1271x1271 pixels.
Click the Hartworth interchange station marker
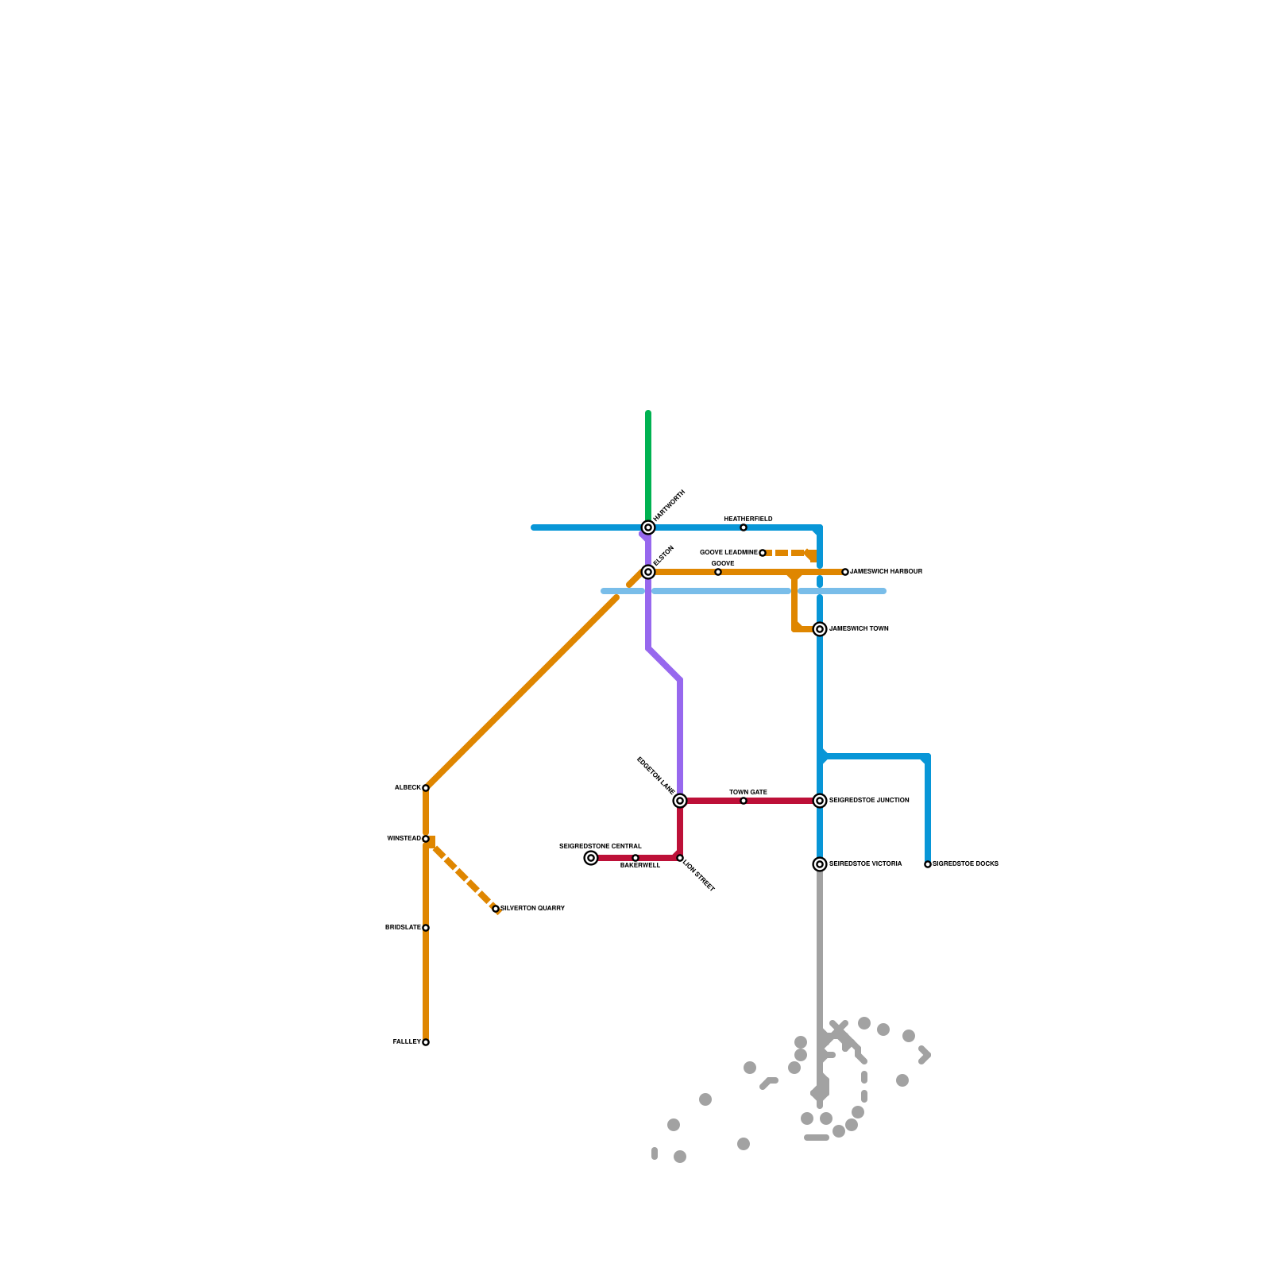[648, 527]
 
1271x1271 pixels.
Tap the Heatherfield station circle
[744, 527]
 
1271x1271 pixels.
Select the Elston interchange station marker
[648, 572]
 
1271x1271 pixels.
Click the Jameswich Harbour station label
[886, 572]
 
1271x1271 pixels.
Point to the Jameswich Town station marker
[820, 629]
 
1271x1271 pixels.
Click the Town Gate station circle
[744, 801]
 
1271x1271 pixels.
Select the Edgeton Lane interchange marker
[680, 801]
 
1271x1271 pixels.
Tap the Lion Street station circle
[680, 858]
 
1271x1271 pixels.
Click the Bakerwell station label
[640, 866]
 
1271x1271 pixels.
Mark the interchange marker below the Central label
[591, 858]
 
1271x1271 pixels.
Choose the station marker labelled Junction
[820, 801]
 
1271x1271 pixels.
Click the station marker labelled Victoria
[820, 864]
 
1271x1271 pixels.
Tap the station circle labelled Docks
[928, 864]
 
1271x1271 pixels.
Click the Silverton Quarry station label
[532, 908]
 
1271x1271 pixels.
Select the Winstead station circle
[426, 839]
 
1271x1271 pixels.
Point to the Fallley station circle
[426, 1042]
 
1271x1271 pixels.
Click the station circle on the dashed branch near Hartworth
[763, 553]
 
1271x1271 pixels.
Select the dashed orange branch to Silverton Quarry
[465, 876]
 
